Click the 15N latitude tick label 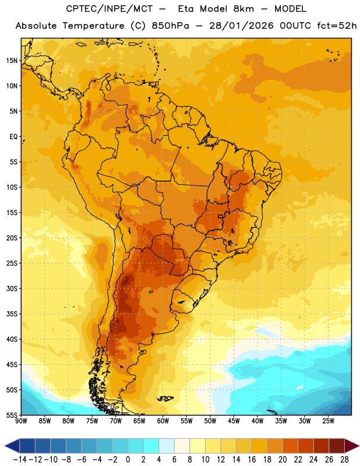(x=12, y=61)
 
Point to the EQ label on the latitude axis (x=13, y=137)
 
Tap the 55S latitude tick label (x=12, y=415)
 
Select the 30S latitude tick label (x=12, y=288)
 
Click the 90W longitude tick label (x=21, y=421)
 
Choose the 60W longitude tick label (x=163, y=421)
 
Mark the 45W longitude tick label (x=234, y=421)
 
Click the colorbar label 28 (x=344, y=460)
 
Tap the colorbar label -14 (x=20, y=460)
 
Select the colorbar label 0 (x=128, y=460)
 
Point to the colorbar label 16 (x=252, y=460)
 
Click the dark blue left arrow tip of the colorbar (x=5, y=446)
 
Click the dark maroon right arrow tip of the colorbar (x=358, y=446)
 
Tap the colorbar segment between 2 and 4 (x=151, y=446)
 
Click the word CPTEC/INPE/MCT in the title (x=109, y=9)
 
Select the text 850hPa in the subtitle (x=170, y=26)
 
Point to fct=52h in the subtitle (x=337, y=26)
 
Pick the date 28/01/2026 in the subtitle (x=241, y=26)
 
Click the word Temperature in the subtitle (x=93, y=26)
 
